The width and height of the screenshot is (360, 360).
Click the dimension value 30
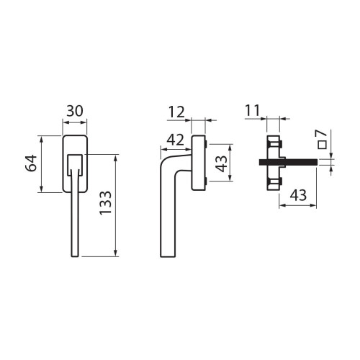tap(75, 111)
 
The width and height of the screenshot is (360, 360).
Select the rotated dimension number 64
tap(31, 163)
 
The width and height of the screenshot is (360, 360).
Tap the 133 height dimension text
tap(106, 203)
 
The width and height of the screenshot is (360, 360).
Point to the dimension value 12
tap(176, 112)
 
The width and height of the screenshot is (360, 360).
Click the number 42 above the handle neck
tap(176, 140)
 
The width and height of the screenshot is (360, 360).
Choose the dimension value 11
tap(253, 110)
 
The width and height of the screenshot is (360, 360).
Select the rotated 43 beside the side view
tap(221, 163)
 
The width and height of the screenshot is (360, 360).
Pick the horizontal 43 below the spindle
tap(298, 195)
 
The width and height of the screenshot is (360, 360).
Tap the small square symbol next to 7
tap(322, 145)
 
